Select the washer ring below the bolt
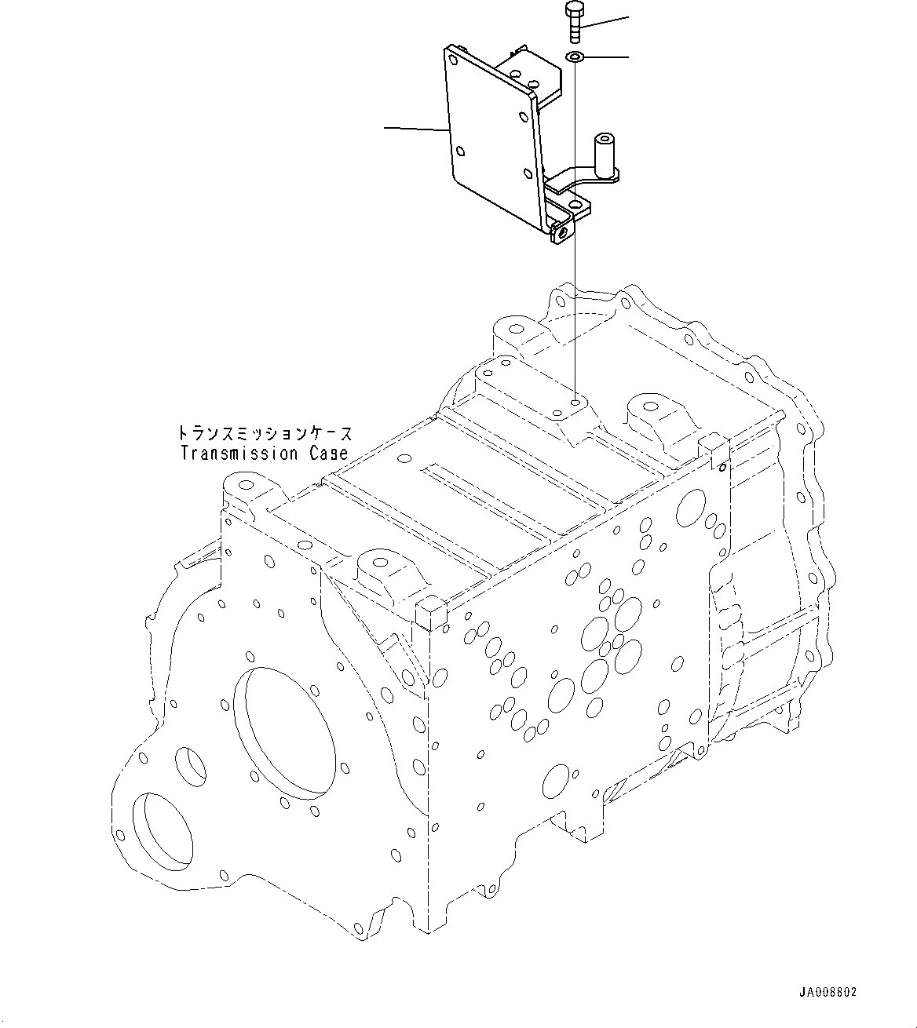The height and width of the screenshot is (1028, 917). pyautogui.click(x=574, y=57)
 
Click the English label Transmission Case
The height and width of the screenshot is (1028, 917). pyautogui.click(x=264, y=454)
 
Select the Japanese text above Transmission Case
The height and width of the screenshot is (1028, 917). pyautogui.click(x=264, y=433)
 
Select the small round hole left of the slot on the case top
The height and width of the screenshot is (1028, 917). pyautogui.click(x=404, y=460)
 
